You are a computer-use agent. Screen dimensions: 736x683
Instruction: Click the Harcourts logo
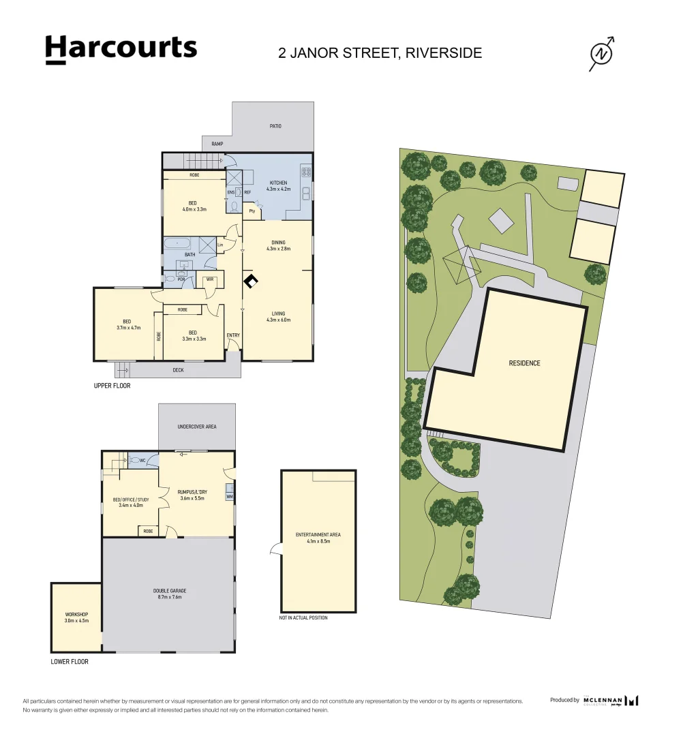pyautogui.click(x=121, y=50)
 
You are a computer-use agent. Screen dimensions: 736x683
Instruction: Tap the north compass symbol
pyautogui.click(x=601, y=54)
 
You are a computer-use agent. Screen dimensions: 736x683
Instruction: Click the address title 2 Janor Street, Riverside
pyautogui.click(x=380, y=52)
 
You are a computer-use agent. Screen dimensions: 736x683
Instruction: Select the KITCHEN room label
pyautogui.click(x=278, y=183)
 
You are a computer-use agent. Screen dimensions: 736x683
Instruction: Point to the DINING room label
pyautogui.click(x=277, y=242)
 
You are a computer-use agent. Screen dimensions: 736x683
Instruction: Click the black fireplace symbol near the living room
pyautogui.click(x=251, y=281)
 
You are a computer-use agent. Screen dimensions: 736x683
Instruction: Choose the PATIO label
pyautogui.click(x=274, y=126)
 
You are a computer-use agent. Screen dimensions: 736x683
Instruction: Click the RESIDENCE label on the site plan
pyautogui.click(x=524, y=363)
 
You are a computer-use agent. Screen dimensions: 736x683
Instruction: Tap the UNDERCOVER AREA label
pyautogui.click(x=196, y=427)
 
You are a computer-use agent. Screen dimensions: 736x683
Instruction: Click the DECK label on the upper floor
pyautogui.click(x=178, y=370)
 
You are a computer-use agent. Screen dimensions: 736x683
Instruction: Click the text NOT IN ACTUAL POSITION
pyautogui.click(x=303, y=618)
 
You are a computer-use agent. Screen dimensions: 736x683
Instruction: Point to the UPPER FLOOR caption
pyautogui.click(x=112, y=386)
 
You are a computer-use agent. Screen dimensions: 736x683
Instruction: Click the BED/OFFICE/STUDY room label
pyautogui.click(x=130, y=499)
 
